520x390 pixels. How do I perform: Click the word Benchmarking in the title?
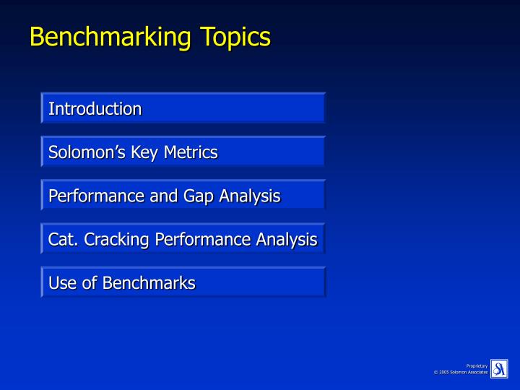coord(105,36)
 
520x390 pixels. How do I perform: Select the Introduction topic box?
coord(183,109)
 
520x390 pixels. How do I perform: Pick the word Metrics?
coord(191,152)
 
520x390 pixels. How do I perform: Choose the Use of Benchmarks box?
coord(183,283)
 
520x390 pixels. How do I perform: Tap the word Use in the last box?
coord(61,283)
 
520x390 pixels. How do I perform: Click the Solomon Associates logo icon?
coord(499,368)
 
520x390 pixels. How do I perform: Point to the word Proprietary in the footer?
coord(477,366)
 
